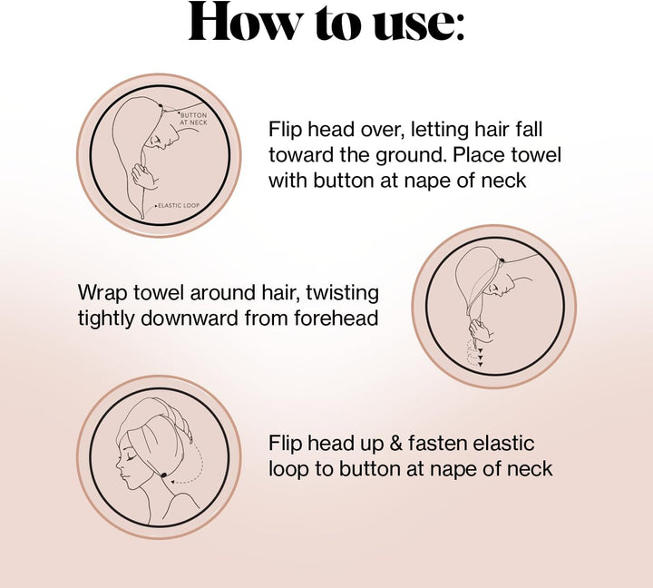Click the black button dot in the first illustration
tap(161, 108)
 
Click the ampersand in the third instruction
tap(394, 444)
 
